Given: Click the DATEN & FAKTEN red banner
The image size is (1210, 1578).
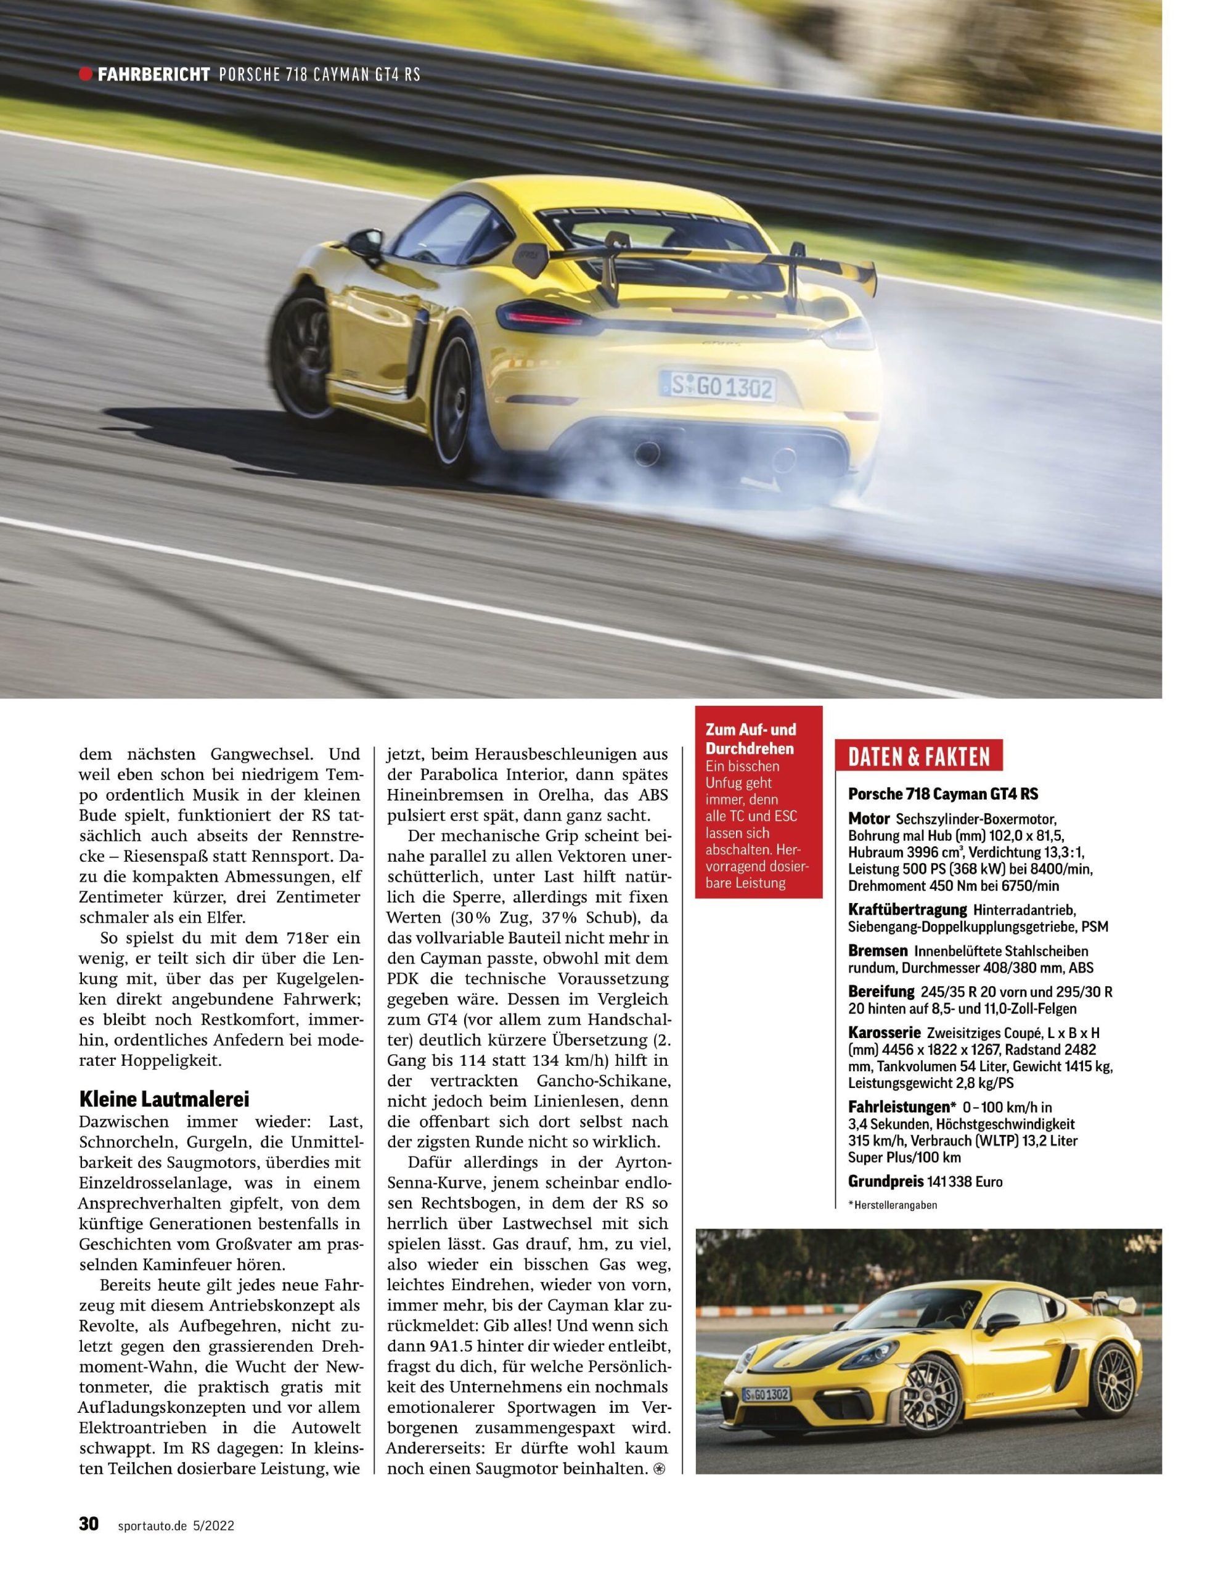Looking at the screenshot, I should click(918, 757).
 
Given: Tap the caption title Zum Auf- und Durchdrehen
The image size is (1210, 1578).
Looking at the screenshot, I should click(751, 739).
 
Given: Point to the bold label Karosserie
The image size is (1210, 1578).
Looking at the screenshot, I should click(884, 1032).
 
